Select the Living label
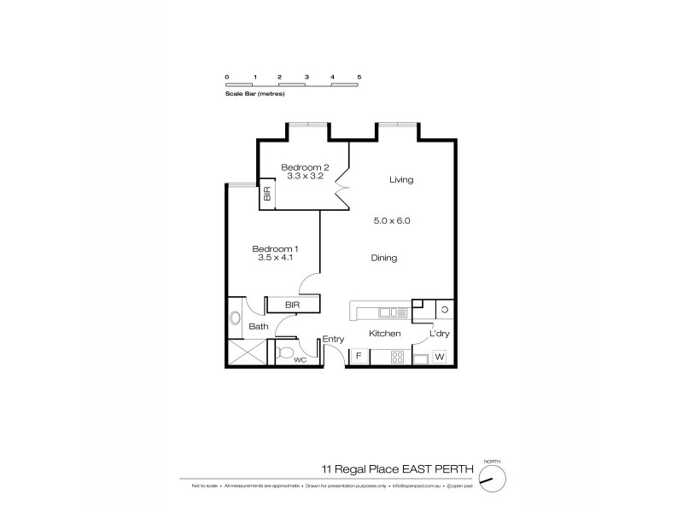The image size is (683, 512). (401, 180)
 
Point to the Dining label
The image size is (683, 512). (384, 258)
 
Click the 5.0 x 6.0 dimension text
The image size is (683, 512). (393, 220)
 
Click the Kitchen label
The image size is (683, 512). (384, 334)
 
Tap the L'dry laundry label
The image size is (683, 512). (439, 334)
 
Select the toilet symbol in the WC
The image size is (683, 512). (286, 352)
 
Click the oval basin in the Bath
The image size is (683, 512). (236, 319)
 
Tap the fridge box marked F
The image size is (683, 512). (359, 356)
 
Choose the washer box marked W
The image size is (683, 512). (440, 357)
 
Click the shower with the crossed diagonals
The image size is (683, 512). (246, 353)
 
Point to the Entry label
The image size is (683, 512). (333, 340)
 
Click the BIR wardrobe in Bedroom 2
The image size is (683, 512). (267, 195)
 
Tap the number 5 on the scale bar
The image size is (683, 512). (359, 77)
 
